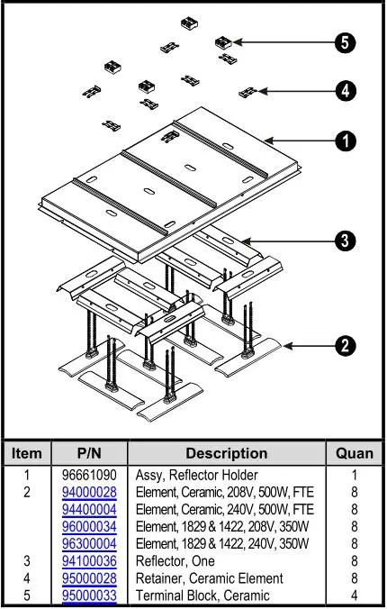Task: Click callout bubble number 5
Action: point(343,42)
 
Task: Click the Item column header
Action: point(26,453)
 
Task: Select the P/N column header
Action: point(90,453)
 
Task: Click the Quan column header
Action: point(354,453)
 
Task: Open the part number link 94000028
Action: point(90,492)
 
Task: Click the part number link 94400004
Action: point(90,509)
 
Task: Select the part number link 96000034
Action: point(90,526)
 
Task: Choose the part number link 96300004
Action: point(90,543)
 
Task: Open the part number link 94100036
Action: point(90,560)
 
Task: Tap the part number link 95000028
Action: point(90,577)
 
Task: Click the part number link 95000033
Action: point(90,595)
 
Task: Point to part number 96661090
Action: point(90,475)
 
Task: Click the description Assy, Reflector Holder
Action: point(196,475)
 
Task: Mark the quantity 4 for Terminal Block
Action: point(354,595)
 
